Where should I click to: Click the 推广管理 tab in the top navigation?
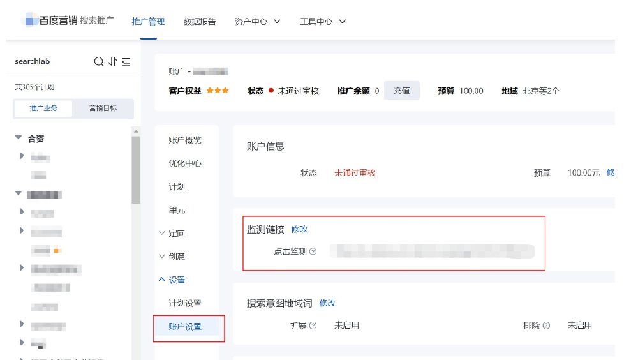pyautogui.click(x=148, y=21)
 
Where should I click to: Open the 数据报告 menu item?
pyautogui.click(x=200, y=21)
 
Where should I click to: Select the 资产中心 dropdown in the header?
pyautogui.click(x=258, y=21)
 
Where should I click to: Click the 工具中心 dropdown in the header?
pyautogui.click(x=323, y=21)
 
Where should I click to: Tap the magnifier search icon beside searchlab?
pyautogui.click(x=99, y=62)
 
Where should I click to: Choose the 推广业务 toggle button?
pyautogui.click(x=43, y=109)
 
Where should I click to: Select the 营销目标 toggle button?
pyautogui.click(x=103, y=109)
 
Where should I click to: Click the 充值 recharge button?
pyautogui.click(x=401, y=91)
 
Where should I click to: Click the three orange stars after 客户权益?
pyautogui.click(x=218, y=91)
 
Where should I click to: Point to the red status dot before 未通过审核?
pyautogui.click(x=271, y=91)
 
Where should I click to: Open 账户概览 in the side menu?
pyautogui.click(x=185, y=140)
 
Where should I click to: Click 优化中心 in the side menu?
pyautogui.click(x=185, y=163)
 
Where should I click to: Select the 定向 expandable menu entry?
pyautogui.click(x=177, y=234)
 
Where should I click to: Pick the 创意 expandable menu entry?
pyautogui.click(x=177, y=257)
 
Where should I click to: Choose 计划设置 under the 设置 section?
pyautogui.click(x=185, y=303)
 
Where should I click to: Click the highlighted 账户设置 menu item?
pyautogui.click(x=185, y=327)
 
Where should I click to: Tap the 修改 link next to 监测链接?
pyautogui.click(x=299, y=229)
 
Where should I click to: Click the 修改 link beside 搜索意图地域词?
pyautogui.click(x=327, y=303)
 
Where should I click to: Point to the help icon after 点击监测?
pyautogui.click(x=313, y=252)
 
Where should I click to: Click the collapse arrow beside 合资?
pyautogui.click(x=19, y=138)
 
